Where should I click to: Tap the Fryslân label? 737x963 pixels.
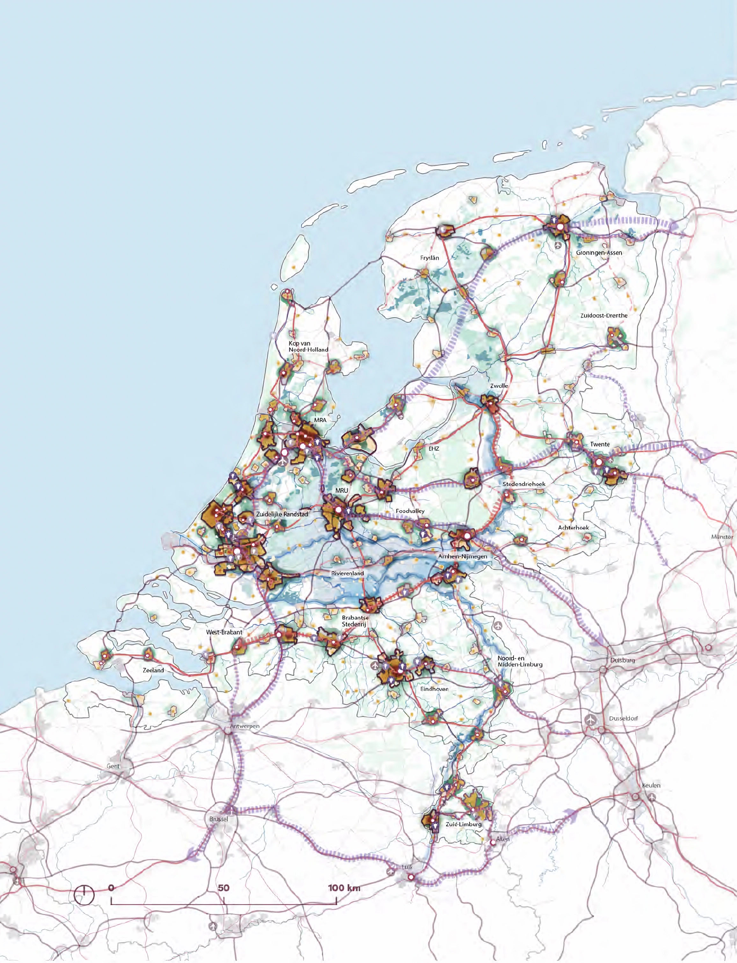[x=429, y=258]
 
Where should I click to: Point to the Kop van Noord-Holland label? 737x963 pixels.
[x=308, y=346]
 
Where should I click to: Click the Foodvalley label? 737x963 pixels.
[x=410, y=511]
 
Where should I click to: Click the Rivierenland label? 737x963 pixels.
[x=347, y=573]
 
